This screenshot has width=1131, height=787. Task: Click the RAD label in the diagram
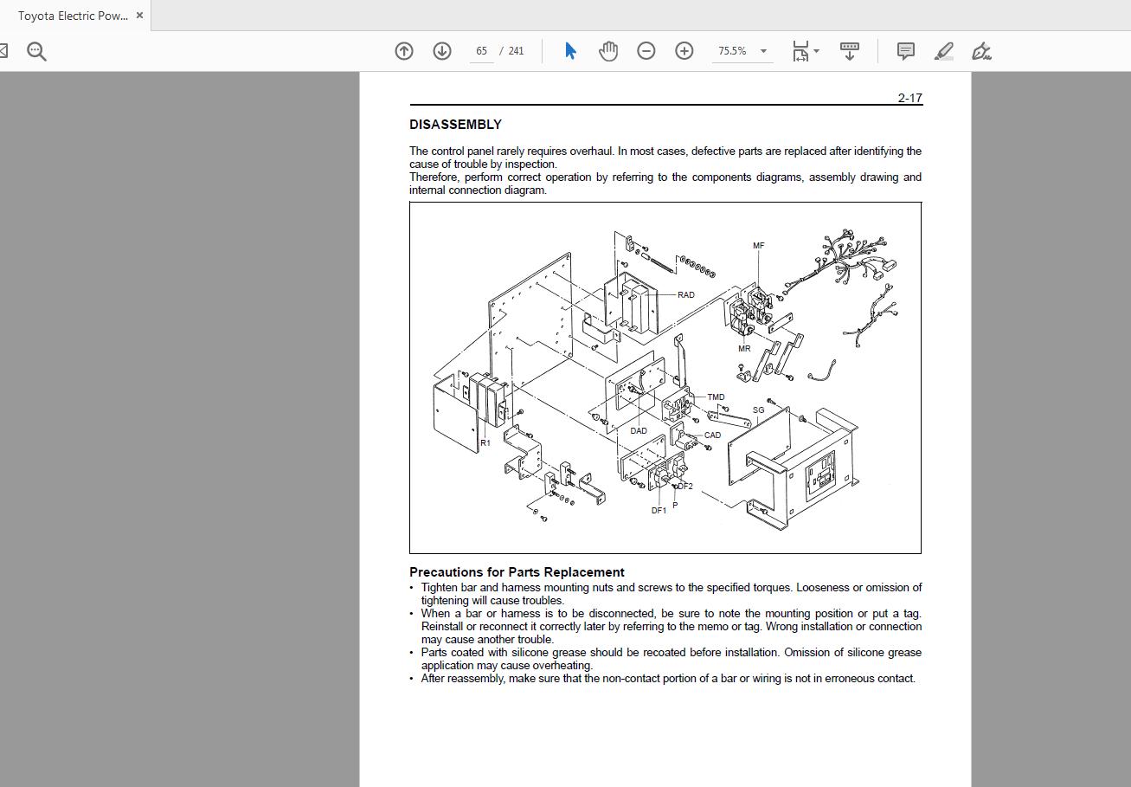(685, 295)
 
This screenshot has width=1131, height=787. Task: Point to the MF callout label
(758, 246)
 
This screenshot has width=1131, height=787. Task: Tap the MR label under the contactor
(744, 349)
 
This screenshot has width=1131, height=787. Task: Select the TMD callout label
(716, 397)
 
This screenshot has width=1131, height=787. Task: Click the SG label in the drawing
(758, 410)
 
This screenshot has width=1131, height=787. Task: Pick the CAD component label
(712, 435)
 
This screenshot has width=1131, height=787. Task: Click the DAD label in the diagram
(639, 431)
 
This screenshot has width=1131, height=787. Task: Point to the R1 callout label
(485, 443)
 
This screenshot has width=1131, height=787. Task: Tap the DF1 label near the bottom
(659, 511)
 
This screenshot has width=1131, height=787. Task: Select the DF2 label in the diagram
(685, 487)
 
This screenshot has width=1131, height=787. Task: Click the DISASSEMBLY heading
(455, 125)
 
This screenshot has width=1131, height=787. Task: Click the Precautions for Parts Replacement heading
(517, 572)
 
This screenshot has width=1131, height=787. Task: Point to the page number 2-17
(909, 98)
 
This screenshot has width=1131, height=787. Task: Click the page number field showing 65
(482, 51)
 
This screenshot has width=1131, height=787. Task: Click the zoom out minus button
(646, 51)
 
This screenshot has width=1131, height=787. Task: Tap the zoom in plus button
(684, 51)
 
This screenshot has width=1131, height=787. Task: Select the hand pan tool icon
(608, 51)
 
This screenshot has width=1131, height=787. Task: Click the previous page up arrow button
(404, 51)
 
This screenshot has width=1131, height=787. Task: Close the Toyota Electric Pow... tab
(140, 16)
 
